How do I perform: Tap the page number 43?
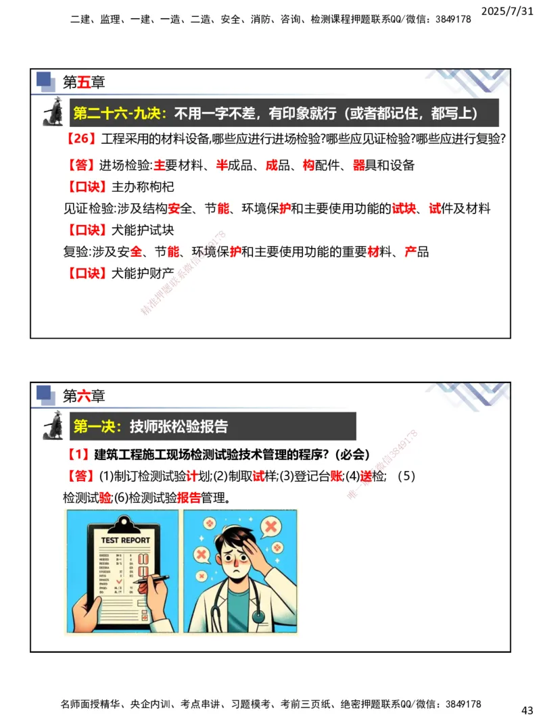tap(527, 710)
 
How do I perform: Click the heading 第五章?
tap(84, 82)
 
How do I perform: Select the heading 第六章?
tap(84, 395)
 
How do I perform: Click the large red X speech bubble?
tap(270, 526)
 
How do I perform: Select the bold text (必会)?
tap(349, 454)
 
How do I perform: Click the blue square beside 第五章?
tap(45, 79)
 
